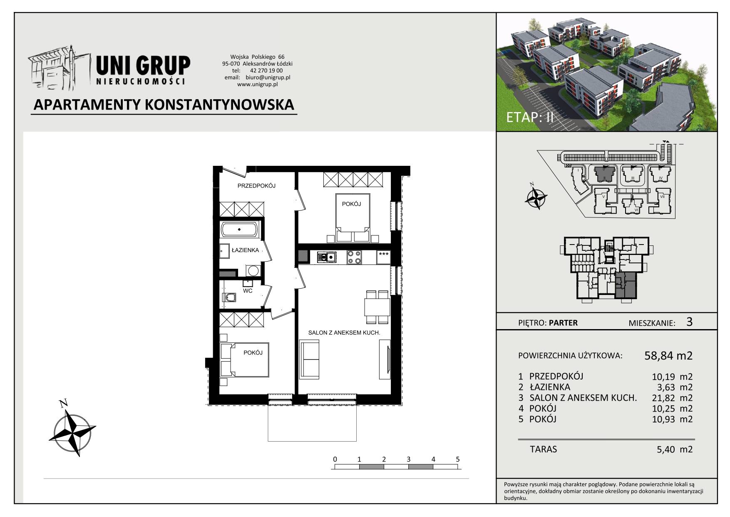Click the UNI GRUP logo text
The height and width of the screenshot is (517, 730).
click(143, 66)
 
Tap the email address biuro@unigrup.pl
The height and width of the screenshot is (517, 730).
click(268, 77)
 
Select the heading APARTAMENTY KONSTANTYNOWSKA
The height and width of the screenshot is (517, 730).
click(164, 104)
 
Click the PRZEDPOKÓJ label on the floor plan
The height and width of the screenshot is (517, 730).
click(257, 186)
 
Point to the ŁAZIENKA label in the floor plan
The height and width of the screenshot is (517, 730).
click(246, 250)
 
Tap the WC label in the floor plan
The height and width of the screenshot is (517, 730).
click(248, 291)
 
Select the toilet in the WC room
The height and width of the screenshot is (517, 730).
click(230, 297)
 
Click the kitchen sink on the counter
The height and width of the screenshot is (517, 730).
click(327, 257)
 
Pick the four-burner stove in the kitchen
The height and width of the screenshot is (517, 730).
click(354, 257)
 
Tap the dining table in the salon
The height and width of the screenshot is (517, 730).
click(377, 307)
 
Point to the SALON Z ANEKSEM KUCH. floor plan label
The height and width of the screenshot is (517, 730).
click(344, 333)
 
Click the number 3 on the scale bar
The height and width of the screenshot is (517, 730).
click(409, 459)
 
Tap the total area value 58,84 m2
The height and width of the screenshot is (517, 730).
click(668, 355)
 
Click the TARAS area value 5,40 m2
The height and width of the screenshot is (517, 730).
click(672, 449)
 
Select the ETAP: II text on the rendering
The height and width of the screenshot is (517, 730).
click(530, 117)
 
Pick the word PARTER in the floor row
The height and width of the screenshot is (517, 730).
click(563, 322)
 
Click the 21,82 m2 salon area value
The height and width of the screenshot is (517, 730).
click(672, 397)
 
